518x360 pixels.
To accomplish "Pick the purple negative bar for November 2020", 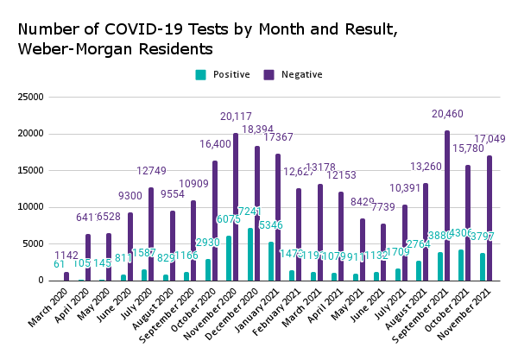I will pyautogui.click(x=235, y=207).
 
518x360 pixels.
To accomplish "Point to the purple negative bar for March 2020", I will pyautogui.click(x=66, y=276).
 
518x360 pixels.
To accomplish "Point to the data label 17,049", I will pyautogui.click(x=490, y=139).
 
